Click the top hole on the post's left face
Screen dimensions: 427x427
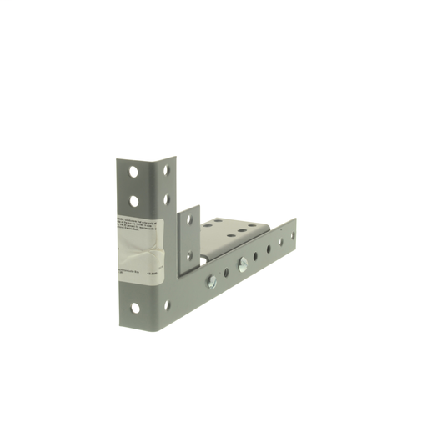click(133, 173)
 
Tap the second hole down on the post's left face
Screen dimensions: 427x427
click(133, 201)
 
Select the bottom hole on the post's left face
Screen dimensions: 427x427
click(134, 309)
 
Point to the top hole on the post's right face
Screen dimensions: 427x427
click(167, 170)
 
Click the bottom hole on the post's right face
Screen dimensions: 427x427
click(167, 304)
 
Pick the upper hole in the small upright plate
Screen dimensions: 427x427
click(188, 219)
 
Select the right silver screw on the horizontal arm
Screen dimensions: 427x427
click(243, 264)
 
